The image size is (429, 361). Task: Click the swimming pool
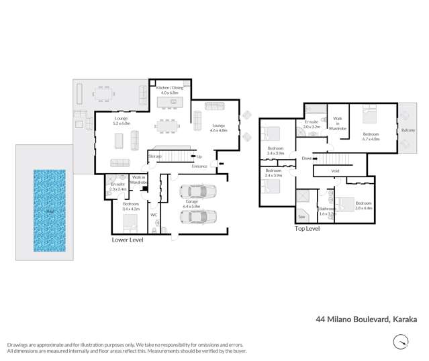point(50,210)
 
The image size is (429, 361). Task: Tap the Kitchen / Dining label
point(169,88)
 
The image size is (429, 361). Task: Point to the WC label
point(154,215)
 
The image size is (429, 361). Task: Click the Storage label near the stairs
point(155,156)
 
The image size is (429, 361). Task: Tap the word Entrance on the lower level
point(199,166)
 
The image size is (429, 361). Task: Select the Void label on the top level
point(335,171)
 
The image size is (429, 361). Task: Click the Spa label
point(301,217)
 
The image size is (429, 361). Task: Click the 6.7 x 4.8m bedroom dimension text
point(371,140)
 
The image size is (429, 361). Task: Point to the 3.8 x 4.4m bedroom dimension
point(364,208)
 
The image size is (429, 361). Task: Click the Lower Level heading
point(128,240)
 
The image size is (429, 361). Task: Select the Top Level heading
point(307,229)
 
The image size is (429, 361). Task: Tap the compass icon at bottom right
point(400,343)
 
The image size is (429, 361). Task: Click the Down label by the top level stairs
point(306,158)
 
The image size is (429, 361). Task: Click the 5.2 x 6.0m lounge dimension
point(121,123)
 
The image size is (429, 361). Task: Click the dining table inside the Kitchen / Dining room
point(168,125)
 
